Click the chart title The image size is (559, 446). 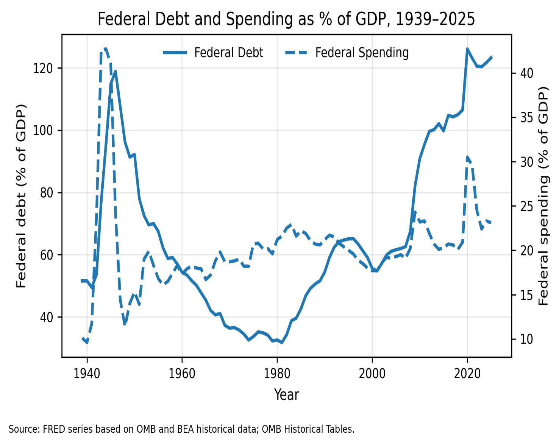point(286,19)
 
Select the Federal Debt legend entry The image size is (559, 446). point(213,53)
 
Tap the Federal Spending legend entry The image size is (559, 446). point(347,53)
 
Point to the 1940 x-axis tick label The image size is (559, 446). point(87,374)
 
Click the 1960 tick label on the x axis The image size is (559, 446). point(182,374)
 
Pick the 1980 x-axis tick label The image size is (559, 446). point(277,374)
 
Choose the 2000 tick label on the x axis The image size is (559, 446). point(372,374)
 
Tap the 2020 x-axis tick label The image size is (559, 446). point(467,374)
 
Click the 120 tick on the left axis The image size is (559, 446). point(43,69)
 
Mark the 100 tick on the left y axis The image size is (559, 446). point(43,130)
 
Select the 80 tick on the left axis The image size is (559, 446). point(46,193)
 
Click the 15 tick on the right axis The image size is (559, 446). point(527,295)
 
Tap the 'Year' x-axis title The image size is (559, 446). point(287,394)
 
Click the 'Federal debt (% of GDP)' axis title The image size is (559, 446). point(21,196)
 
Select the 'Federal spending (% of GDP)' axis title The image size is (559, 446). point(543,196)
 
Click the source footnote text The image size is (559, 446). point(181,429)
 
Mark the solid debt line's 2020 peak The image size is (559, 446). point(467,49)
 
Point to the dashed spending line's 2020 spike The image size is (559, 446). point(467,157)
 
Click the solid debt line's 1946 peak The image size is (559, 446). point(116,71)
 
